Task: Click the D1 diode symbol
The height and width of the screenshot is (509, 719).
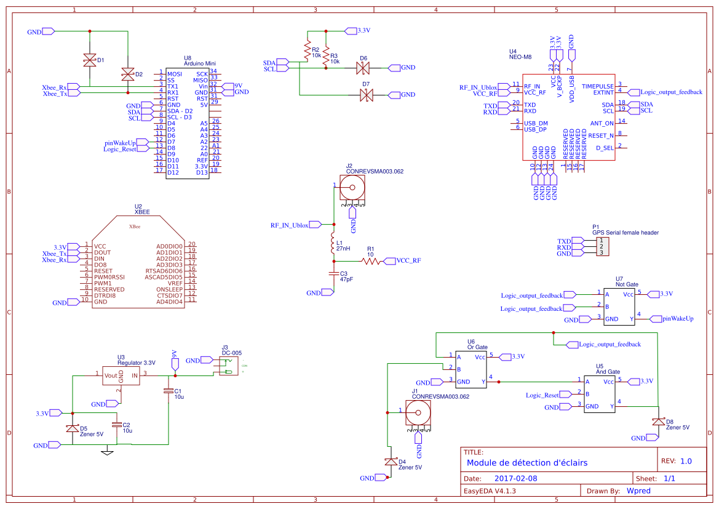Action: coord(90,60)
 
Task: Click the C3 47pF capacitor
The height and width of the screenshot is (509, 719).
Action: coord(333,272)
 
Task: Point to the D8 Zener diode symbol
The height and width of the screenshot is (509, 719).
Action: coord(658,422)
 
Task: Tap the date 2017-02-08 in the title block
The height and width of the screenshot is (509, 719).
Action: coord(515,478)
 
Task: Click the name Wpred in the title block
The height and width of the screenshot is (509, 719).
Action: coord(640,491)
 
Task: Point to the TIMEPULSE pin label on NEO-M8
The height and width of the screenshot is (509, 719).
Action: coord(597,86)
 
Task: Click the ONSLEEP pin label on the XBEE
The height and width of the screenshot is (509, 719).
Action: coord(170,289)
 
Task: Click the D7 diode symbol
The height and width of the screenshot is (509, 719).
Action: coord(367,95)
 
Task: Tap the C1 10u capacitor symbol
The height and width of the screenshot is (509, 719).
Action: coord(169,391)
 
